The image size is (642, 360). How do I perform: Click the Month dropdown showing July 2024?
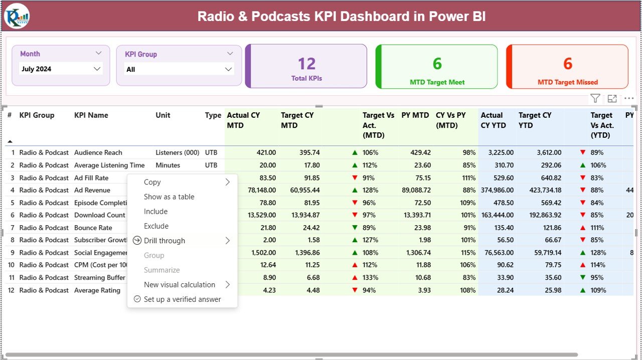point(60,69)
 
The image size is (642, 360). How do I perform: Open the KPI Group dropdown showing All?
point(179,70)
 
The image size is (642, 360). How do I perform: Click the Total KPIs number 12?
point(306,64)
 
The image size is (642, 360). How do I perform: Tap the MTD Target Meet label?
point(437,82)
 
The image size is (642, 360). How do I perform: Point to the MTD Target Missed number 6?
point(567,64)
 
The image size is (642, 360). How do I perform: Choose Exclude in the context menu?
point(156,226)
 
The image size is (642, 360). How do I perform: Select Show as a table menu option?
point(169,197)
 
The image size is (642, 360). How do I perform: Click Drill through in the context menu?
point(165,241)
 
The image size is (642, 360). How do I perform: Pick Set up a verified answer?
point(182,299)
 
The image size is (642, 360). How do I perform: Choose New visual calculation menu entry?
point(180,285)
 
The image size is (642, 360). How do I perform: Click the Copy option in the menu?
point(152,183)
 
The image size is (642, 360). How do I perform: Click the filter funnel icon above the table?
point(595,99)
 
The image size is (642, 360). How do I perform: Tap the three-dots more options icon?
point(629,99)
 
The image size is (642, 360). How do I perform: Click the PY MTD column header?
point(415,115)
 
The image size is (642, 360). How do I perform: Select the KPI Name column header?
point(91,115)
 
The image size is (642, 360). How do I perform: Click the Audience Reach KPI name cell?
point(98,152)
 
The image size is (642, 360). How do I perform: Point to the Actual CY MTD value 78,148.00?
point(258,190)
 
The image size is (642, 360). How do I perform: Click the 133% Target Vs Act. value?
point(370,277)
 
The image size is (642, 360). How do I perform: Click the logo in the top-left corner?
point(17,16)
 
